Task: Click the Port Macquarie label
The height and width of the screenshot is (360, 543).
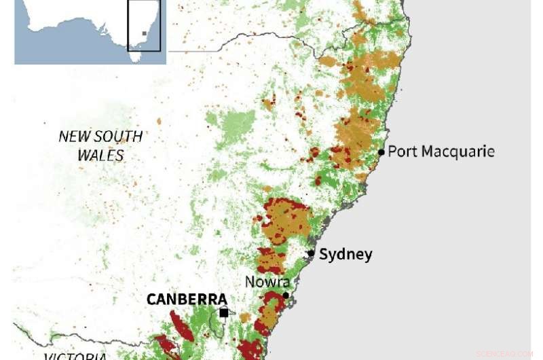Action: click(x=441, y=151)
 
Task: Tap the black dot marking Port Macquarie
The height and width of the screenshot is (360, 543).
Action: click(x=381, y=152)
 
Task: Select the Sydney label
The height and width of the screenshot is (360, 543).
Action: click(x=345, y=255)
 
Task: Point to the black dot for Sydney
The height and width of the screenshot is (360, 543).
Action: click(x=311, y=253)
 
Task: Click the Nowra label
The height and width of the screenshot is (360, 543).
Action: click(x=268, y=282)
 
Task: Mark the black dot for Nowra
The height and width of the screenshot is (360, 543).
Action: click(x=286, y=295)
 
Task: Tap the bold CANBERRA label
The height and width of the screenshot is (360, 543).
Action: click(x=187, y=300)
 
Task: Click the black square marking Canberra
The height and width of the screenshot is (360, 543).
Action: click(x=224, y=312)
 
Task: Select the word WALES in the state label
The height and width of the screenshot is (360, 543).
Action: click(x=100, y=156)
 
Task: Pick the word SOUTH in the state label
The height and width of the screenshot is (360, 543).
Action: click(x=118, y=137)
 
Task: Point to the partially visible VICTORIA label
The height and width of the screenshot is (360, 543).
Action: click(x=75, y=356)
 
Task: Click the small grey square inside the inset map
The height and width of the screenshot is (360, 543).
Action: click(x=144, y=33)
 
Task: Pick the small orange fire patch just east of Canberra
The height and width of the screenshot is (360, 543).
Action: click(x=245, y=317)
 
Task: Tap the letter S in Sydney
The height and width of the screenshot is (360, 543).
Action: click(x=324, y=255)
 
